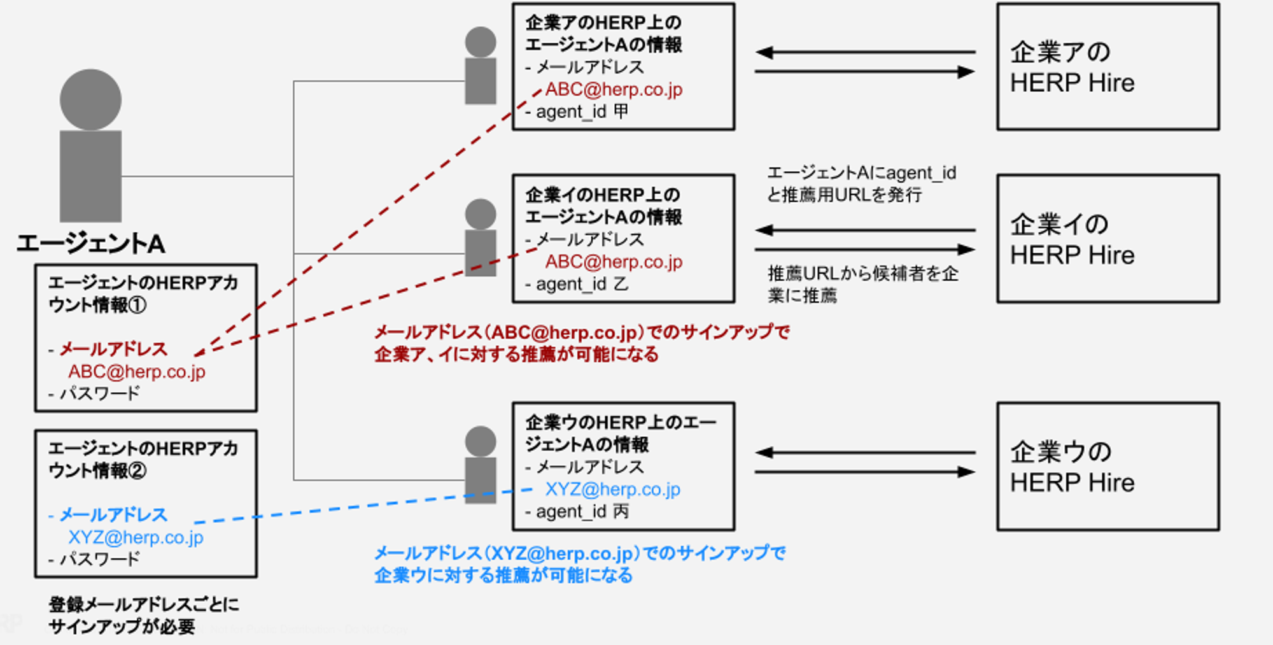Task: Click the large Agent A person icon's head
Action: tap(90, 99)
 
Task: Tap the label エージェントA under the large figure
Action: tap(91, 244)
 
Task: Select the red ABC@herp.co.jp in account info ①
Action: tap(137, 372)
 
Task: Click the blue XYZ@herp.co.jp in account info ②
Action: tap(136, 537)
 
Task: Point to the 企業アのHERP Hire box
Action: tap(1108, 67)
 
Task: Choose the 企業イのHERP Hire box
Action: tap(1108, 239)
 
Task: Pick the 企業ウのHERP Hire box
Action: tap(1108, 466)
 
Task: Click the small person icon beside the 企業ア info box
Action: tap(481, 66)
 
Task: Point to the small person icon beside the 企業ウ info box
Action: tap(481, 465)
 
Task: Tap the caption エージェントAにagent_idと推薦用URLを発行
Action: tap(861, 183)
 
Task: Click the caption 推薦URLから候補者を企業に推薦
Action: tap(862, 284)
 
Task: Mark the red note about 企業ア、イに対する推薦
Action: tap(580, 343)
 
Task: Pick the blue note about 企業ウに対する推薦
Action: tap(579, 564)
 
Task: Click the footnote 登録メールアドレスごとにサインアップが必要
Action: tap(144, 615)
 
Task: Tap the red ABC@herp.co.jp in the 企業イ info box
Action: tap(614, 262)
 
